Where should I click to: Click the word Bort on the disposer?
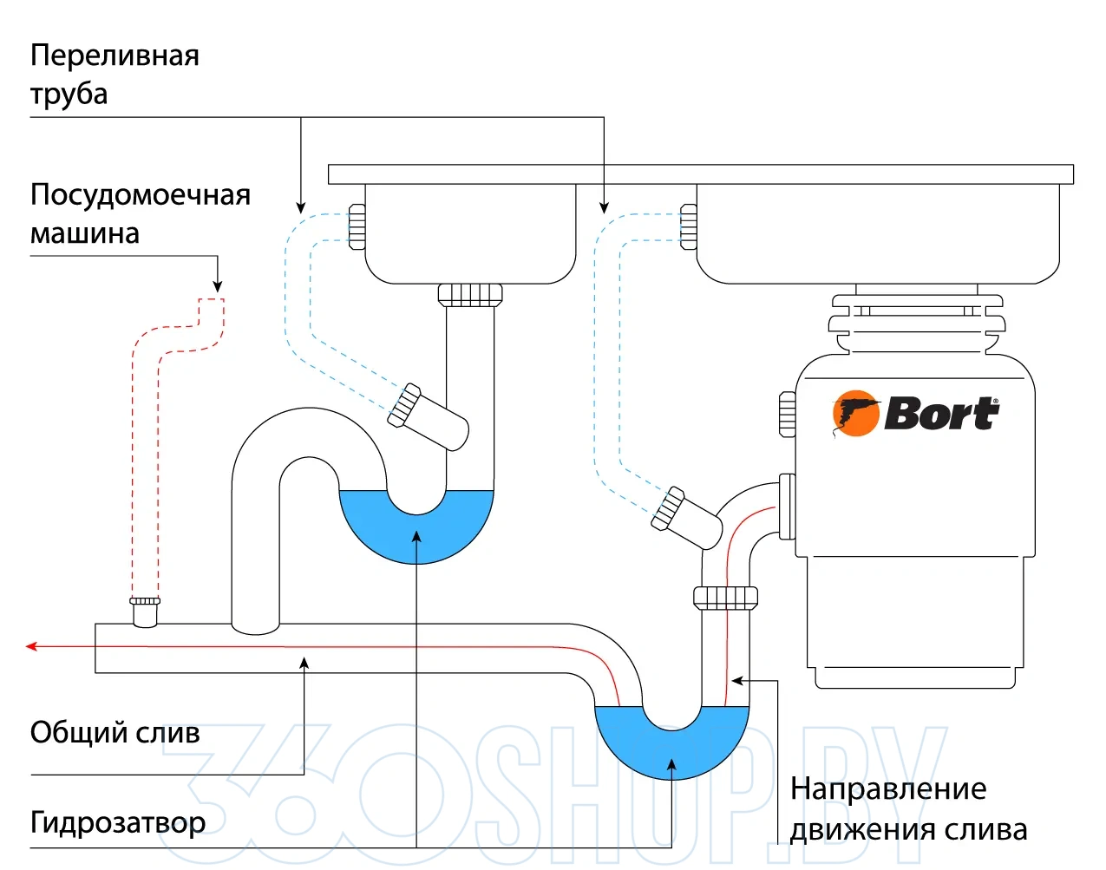point(942,414)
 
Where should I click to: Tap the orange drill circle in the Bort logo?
point(855,414)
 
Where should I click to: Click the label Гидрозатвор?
point(118,821)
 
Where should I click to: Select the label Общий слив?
point(115,733)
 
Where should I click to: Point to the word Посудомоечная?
point(140,194)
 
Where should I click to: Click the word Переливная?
point(115,56)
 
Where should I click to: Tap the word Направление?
point(888,788)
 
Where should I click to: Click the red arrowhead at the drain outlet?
point(31,646)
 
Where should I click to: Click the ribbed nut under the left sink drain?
point(470,294)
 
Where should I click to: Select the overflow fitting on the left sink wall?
point(357,227)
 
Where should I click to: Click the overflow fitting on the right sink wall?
point(688,227)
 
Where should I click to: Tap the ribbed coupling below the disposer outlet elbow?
point(725,598)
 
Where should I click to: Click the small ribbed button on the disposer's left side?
point(787,414)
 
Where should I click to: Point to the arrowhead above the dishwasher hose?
point(218,286)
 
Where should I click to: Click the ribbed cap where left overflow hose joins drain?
point(403,405)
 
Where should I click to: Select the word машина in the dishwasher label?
point(85,233)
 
